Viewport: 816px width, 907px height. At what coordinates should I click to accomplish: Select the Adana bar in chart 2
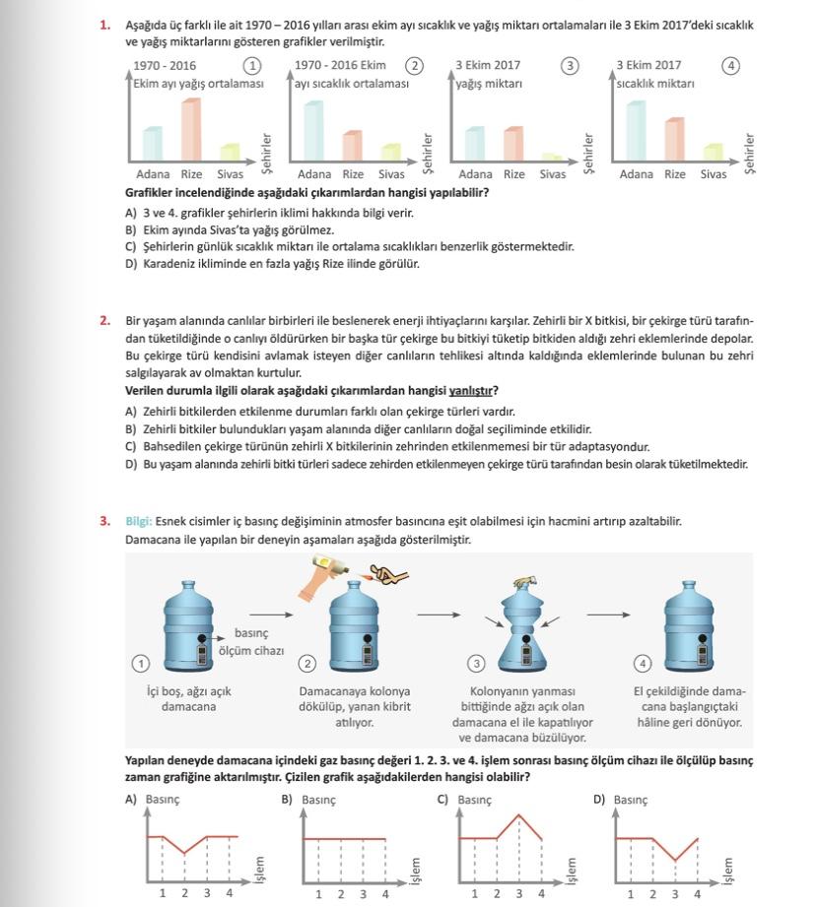pos(313,130)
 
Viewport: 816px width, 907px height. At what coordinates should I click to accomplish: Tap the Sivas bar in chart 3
pos(552,158)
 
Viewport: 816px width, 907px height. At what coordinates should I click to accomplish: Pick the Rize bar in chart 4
pos(674,139)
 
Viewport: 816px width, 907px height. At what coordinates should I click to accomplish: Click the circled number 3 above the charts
pos(570,66)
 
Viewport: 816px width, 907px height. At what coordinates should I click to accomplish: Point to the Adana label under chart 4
pos(636,174)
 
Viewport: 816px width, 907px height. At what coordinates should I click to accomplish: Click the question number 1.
pos(104,26)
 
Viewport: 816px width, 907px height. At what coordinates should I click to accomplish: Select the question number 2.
pos(104,321)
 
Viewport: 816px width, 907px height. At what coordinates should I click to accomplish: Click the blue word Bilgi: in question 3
pos(139,522)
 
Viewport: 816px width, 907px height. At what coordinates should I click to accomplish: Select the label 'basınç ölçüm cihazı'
pos(250,642)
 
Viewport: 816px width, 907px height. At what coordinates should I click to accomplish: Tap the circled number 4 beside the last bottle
pos(645,663)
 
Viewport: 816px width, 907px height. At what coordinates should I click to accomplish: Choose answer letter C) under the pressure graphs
pos(443,800)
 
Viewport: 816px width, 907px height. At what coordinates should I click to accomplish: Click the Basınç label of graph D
pos(631,800)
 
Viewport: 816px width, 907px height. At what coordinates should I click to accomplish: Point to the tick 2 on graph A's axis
pos(184,893)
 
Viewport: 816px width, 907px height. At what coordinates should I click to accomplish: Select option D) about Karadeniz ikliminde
pos(131,264)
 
